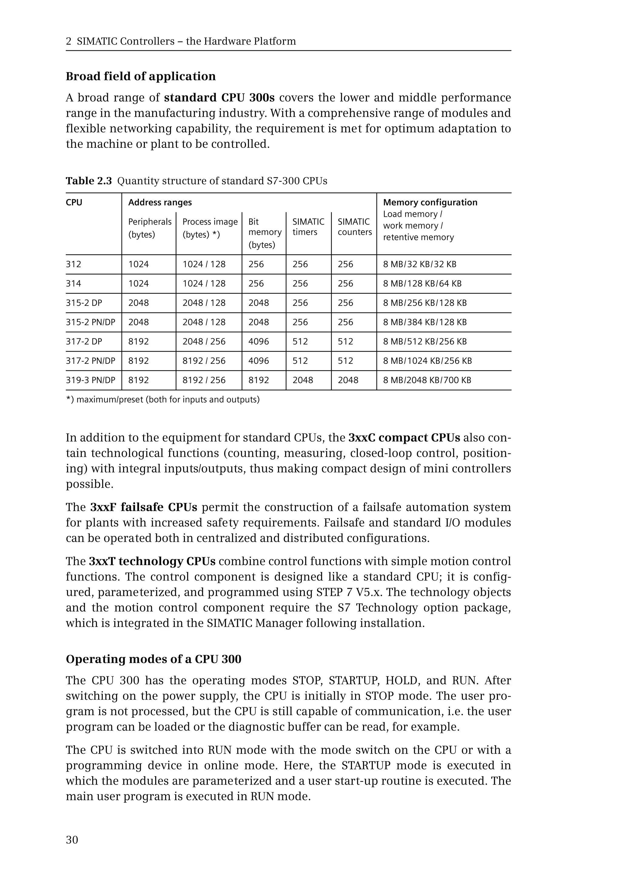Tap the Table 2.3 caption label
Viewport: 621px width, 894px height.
coord(89,181)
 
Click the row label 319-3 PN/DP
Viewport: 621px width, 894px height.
coord(90,380)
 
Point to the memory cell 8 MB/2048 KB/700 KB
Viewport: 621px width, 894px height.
coord(427,380)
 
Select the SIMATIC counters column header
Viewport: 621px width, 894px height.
coord(354,227)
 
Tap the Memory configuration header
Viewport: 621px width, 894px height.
coord(430,202)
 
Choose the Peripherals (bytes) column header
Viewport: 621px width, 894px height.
coord(149,228)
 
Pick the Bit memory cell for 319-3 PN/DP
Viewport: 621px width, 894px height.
coord(258,380)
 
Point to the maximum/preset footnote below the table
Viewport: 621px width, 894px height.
coord(163,400)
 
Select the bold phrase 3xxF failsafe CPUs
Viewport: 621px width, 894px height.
coord(144,507)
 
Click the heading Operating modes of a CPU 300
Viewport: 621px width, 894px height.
coord(153,659)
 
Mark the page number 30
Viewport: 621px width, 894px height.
coord(72,840)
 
